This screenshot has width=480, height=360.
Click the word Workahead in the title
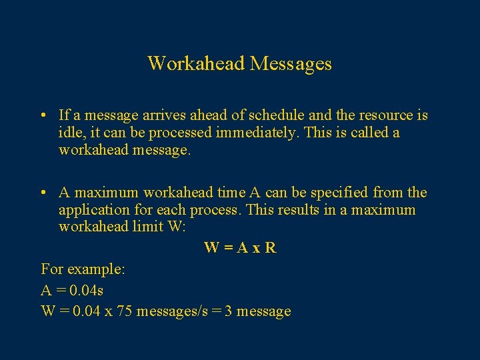(195, 64)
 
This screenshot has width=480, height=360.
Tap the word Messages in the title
(290, 64)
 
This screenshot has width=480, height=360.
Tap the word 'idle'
(71, 133)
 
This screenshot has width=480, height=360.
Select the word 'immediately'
(257, 133)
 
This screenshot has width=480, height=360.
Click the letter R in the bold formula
(270, 248)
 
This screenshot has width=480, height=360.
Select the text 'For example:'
(83, 270)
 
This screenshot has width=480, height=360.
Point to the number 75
(124, 311)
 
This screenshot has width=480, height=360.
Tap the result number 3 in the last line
(229, 311)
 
